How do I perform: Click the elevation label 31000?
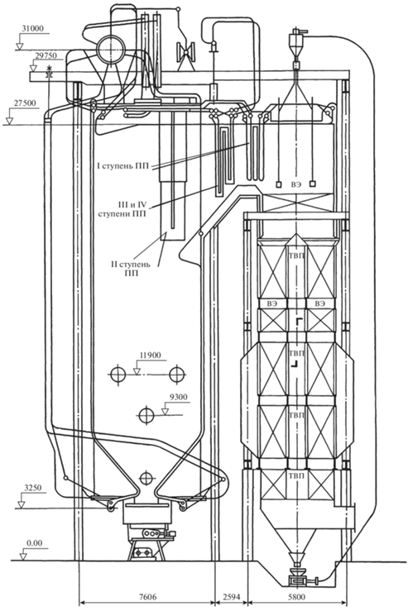33,29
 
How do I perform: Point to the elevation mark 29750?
46,55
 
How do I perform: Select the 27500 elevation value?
25,103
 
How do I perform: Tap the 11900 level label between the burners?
150,356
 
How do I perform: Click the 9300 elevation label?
178,398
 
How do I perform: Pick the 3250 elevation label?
33,488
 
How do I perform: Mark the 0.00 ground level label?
34,543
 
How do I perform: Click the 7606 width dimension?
146,597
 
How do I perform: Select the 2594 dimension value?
232,597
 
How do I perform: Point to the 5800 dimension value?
297,597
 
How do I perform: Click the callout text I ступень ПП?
122,166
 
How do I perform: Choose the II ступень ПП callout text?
131,269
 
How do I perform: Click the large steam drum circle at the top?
113,50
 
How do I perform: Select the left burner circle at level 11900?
118,375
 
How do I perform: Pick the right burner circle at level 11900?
177,375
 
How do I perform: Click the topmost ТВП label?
297,255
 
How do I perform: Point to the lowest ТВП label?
297,475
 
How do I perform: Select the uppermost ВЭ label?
296,184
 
